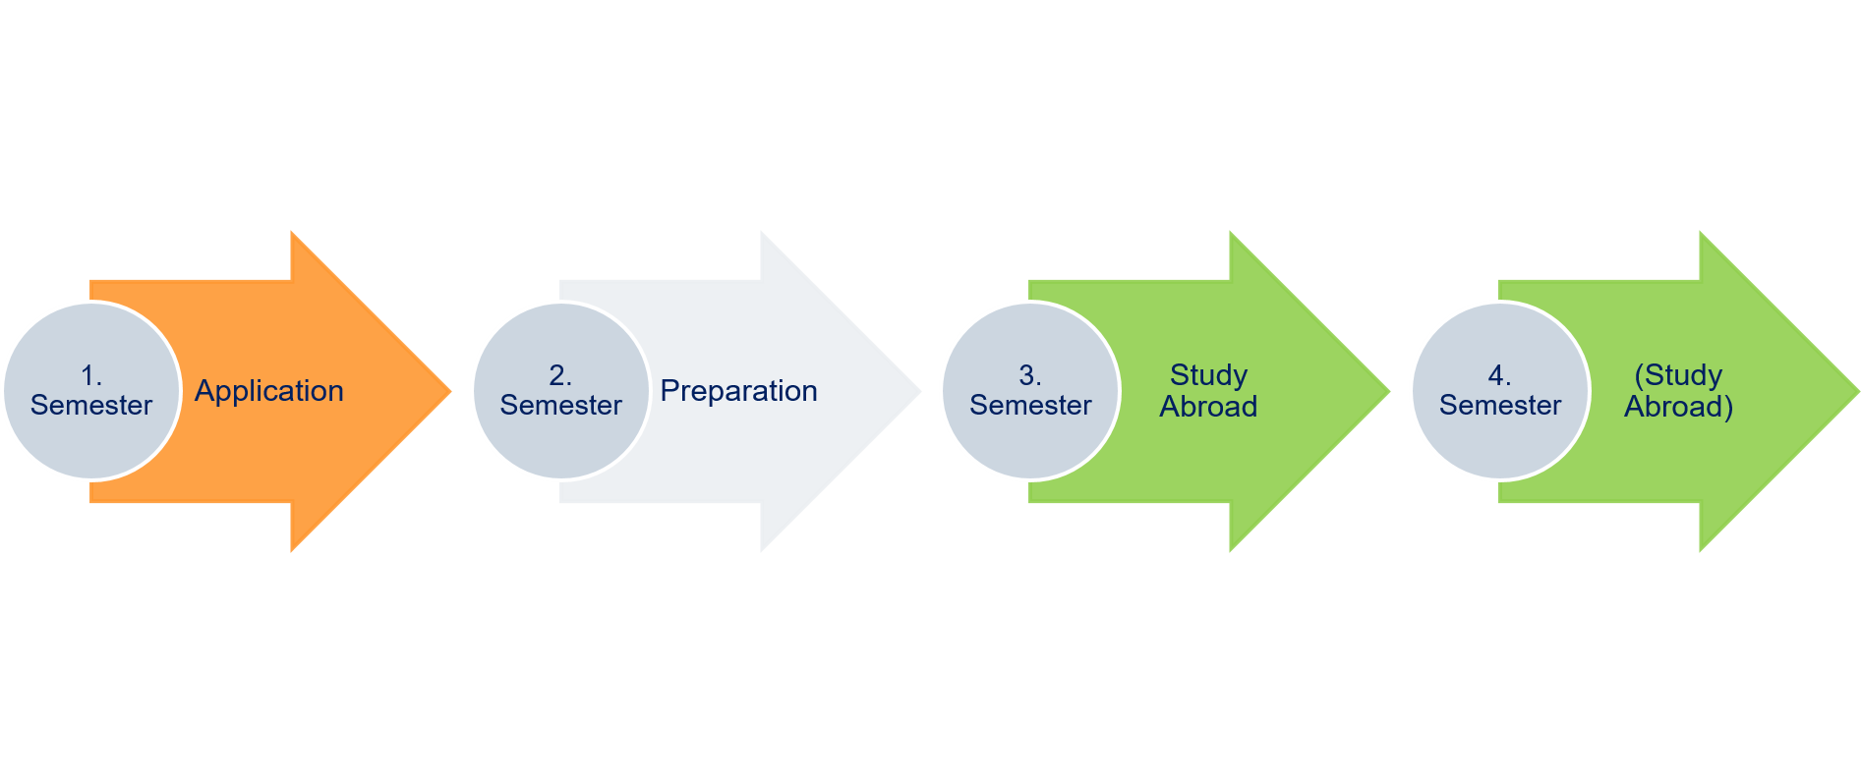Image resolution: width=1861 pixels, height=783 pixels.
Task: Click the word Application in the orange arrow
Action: pyautogui.click(x=268, y=391)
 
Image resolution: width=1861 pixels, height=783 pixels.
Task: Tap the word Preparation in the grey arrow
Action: pyautogui.click(x=738, y=391)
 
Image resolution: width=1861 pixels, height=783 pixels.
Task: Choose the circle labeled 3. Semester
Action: pyautogui.click(x=1030, y=437)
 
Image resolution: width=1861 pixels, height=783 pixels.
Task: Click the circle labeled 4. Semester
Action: pyautogui.click(x=1500, y=437)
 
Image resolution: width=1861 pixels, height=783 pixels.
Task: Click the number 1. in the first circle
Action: pyautogui.click(x=91, y=375)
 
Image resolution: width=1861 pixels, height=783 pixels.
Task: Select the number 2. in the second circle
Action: pyautogui.click(x=560, y=375)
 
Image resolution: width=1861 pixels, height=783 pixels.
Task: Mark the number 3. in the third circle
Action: pyautogui.click(x=1030, y=375)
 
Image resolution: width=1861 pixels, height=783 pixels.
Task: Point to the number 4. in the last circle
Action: pyautogui.click(x=1500, y=375)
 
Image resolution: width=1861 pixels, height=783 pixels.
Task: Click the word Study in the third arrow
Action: pyautogui.click(x=1208, y=375)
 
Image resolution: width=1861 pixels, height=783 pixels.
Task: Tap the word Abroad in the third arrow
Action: pyautogui.click(x=1208, y=407)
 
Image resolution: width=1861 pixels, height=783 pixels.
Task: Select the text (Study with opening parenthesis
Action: pyautogui.click(x=1678, y=375)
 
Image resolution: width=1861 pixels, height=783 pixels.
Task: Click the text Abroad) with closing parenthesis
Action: pyautogui.click(x=1678, y=407)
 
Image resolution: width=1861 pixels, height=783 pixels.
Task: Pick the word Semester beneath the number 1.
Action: pyautogui.click(x=91, y=406)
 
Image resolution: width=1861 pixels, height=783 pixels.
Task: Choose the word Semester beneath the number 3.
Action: pyautogui.click(x=1030, y=406)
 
